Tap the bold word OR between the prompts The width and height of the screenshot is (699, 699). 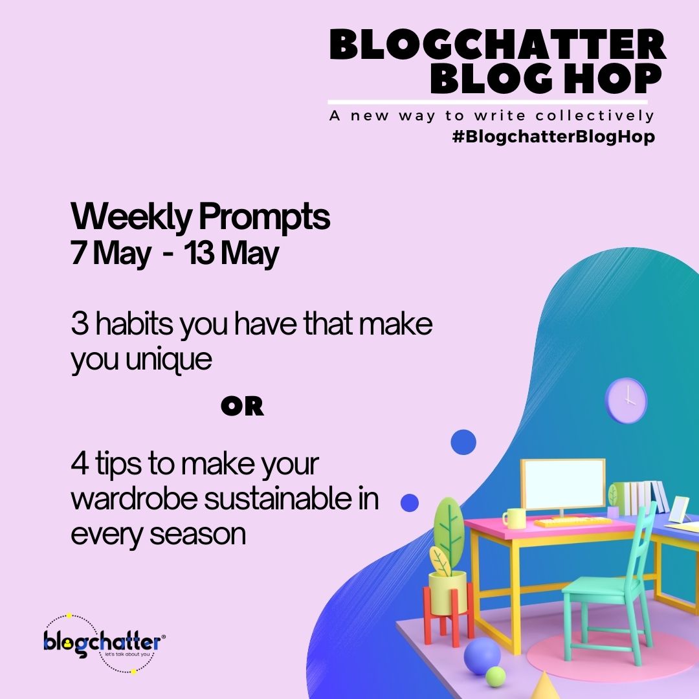242,406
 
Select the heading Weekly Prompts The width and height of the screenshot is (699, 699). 201,218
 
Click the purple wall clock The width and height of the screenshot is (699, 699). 625,401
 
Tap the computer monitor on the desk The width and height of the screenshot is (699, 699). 563,485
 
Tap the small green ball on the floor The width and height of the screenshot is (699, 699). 496,677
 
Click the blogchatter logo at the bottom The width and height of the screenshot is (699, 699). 104,643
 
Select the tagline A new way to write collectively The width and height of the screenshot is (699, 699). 491,116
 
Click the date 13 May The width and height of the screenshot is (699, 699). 231,254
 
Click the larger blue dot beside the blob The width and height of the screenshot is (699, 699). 463,442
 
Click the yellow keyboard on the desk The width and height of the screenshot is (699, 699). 572,521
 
